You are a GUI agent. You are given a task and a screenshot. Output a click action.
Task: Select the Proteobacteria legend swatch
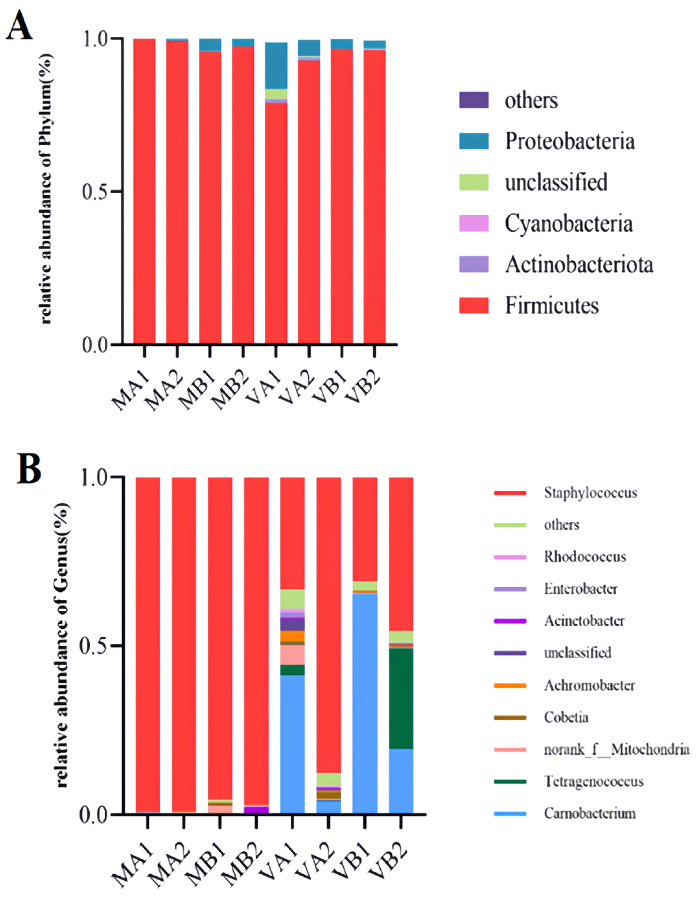(x=474, y=141)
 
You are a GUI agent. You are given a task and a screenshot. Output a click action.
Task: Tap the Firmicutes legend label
(x=551, y=306)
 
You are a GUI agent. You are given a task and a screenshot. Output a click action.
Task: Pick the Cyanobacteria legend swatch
(x=474, y=223)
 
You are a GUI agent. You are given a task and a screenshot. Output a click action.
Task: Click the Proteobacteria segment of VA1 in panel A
(x=276, y=66)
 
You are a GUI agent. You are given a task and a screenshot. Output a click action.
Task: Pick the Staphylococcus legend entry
(x=590, y=493)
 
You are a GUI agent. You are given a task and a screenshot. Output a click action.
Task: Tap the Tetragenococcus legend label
(x=593, y=781)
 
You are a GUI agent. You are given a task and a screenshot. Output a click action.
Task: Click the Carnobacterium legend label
(x=589, y=813)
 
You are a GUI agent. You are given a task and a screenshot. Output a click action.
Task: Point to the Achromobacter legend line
(x=510, y=685)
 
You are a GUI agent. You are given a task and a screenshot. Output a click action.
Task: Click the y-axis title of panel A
(x=47, y=189)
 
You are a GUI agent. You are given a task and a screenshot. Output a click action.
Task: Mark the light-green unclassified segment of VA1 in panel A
(x=276, y=94)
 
